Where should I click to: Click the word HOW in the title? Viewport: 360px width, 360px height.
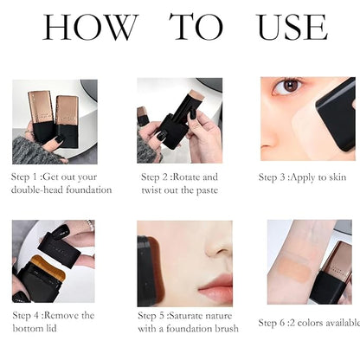89,28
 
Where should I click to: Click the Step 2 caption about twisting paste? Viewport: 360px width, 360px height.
180,183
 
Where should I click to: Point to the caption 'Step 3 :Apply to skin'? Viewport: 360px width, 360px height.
302,177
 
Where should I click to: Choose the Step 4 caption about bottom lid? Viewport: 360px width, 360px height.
54,321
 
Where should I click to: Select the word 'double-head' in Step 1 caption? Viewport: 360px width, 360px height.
42,190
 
